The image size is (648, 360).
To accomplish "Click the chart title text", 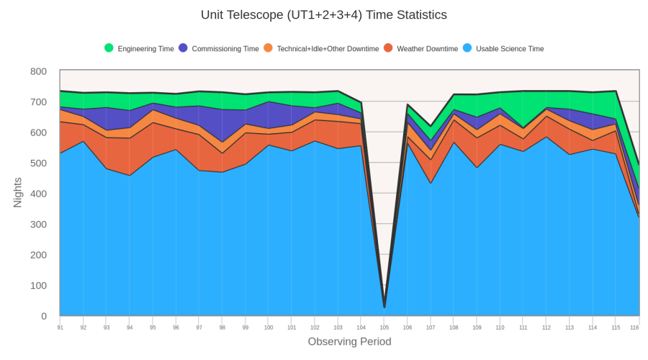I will (x=323, y=15).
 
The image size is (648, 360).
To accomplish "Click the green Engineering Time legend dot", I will (x=109, y=48).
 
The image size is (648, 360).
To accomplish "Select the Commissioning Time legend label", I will (x=225, y=49).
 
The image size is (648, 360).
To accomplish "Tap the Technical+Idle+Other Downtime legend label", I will (x=328, y=49).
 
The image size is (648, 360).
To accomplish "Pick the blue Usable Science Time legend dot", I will (x=467, y=48).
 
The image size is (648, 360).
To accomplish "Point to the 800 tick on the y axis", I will (x=39, y=71).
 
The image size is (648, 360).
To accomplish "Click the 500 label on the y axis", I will (x=39, y=163).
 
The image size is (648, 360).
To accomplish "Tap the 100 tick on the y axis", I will (x=39, y=285).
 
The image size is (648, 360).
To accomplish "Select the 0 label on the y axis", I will (x=43, y=316).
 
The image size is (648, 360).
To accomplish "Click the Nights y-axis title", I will (x=18, y=193).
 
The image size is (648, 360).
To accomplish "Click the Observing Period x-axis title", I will (x=349, y=341).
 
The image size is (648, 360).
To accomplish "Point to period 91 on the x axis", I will (x=60, y=328).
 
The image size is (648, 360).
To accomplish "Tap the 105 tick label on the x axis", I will (x=384, y=328).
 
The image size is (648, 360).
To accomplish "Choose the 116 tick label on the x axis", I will (x=634, y=328).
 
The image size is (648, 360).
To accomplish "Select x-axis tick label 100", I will (x=269, y=328).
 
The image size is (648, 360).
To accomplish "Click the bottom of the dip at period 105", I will (x=384, y=307).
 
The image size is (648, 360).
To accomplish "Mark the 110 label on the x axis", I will (x=500, y=328).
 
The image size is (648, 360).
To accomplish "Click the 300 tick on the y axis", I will (x=39, y=224).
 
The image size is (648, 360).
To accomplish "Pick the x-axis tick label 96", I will (x=176, y=328).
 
